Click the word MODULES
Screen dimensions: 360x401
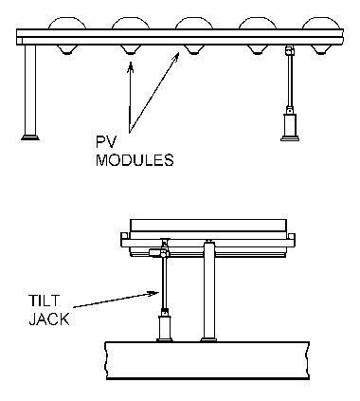(135, 160)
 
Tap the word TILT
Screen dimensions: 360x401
(44, 301)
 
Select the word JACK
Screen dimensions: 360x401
(49, 319)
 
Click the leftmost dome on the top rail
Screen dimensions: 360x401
(67, 24)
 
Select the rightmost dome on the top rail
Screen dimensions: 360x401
(321, 24)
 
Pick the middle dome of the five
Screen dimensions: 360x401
(194, 24)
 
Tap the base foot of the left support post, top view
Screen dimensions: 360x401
(30, 137)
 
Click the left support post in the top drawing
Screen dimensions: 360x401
(30, 90)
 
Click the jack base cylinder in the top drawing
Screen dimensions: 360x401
(290, 125)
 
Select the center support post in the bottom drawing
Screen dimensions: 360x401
(209, 291)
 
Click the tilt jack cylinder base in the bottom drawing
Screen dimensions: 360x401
(165, 327)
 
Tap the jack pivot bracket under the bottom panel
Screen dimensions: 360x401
(160, 252)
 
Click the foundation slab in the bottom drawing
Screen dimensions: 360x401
(207, 360)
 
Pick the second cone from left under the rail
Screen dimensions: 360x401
(130, 49)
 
